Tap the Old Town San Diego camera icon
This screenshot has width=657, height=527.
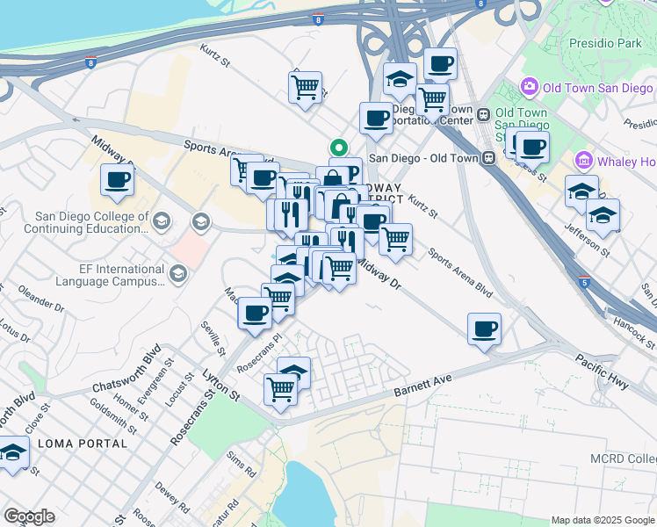click(x=530, y=87)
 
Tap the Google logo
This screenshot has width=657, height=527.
click(x=29, y=516)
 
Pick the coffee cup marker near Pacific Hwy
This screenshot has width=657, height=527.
click(x=484, y=329)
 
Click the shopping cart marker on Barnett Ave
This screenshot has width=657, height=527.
click(x=281, y=387)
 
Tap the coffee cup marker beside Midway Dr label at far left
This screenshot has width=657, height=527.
click(x=116, y=180)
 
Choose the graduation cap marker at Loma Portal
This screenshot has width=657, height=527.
click(x=12, y=454)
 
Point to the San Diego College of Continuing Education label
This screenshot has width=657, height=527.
click(x=91, y=222)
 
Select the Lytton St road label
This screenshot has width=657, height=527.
click(x=223, y=385)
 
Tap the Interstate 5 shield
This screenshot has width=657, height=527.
click(x=584, y=282)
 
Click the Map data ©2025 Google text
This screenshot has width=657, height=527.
click(x=603, y=520)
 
